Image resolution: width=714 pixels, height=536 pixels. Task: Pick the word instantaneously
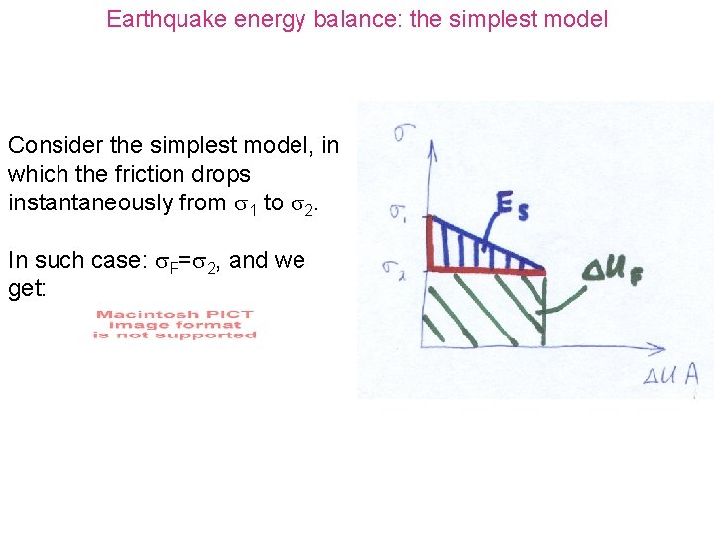pos(94,203)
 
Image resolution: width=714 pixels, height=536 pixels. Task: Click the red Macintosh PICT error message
pos(175,325)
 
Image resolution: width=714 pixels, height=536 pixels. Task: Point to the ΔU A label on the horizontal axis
pos(669,373)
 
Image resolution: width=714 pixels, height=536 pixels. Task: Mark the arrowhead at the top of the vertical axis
pos(432,149)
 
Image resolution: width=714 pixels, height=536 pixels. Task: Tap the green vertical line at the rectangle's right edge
pos(544,308)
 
